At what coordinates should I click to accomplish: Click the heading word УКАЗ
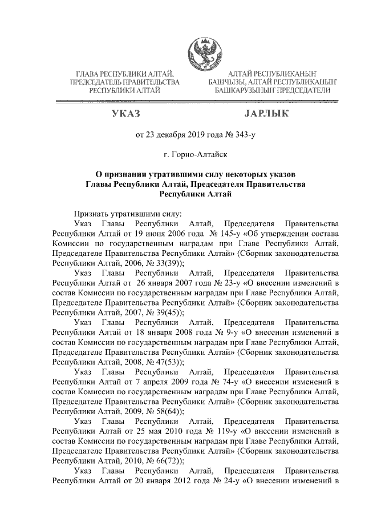click(124, 114)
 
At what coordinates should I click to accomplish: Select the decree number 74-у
click(214, 379)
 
